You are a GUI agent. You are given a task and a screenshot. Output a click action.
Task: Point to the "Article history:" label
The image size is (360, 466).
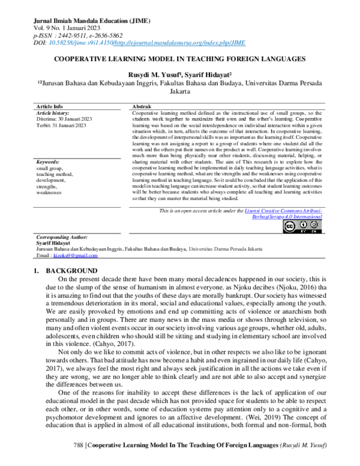pyautogui.click(x=53, y=113)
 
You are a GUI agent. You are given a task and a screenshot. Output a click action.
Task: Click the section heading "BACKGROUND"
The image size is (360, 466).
pyautogui.click(x=71, y=271)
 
